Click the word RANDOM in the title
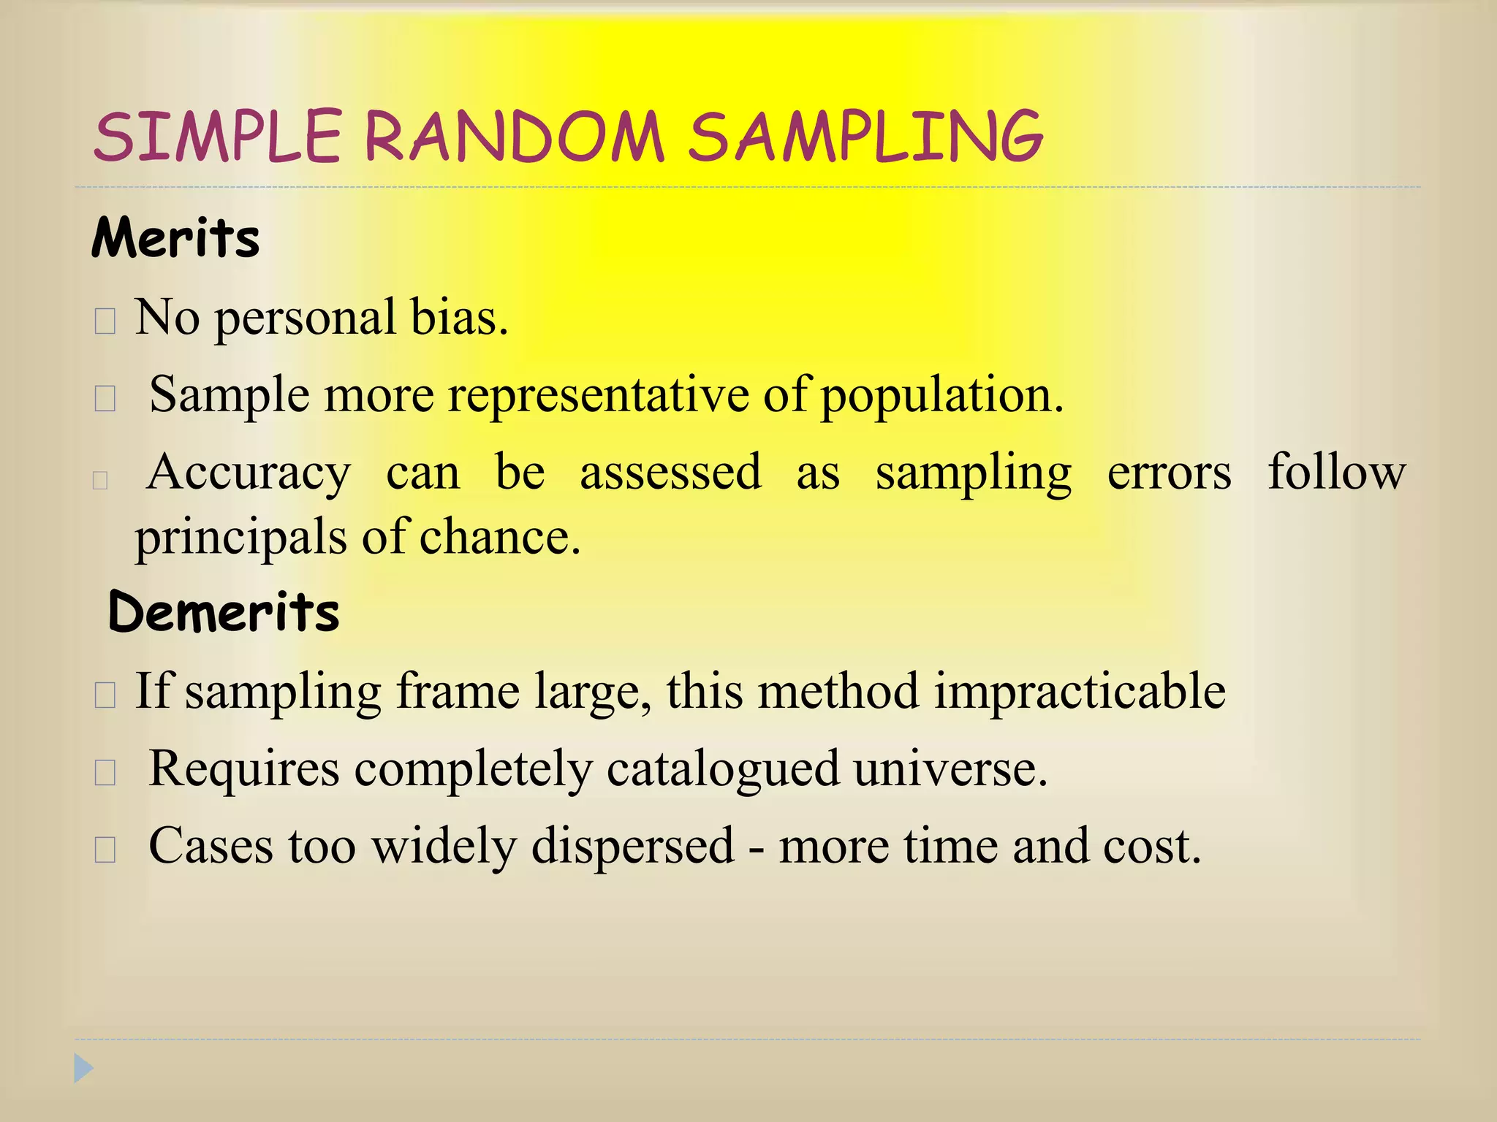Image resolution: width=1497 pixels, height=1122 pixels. coord(514,137)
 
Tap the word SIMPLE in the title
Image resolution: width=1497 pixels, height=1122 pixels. coord(218,137)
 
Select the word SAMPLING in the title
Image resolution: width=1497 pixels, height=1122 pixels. coord(865,137)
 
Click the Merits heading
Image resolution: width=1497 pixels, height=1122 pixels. coord(175,238)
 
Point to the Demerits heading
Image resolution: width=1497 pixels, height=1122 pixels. coord(224,611)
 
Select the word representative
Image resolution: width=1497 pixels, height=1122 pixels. coord(598,395)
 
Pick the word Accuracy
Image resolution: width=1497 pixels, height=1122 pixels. coord(249,473)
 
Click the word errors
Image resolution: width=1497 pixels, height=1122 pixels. coord(1169,473)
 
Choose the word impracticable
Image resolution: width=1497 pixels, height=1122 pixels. coord(1080,691)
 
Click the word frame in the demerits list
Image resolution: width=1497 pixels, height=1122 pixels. coord(458,691)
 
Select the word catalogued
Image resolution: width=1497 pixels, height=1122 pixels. coord(723,770)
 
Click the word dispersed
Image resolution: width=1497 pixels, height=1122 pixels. coord(632,847)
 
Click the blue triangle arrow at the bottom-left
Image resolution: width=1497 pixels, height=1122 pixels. coord(83,1069)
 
